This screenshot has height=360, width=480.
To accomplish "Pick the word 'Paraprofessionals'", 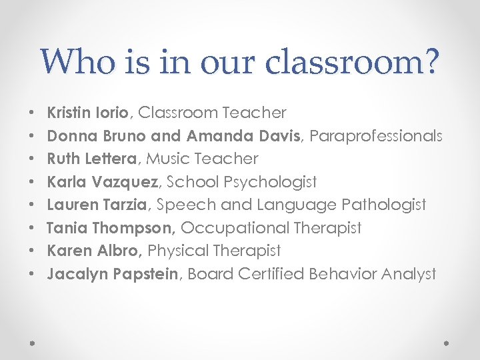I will coord(376,136).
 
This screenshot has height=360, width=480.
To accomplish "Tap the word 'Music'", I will coord(167,159).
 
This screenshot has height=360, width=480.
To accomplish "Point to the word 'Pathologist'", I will coord(383,205).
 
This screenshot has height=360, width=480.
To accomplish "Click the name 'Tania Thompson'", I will coord(111,228).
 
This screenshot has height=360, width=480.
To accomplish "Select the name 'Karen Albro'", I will coord(93,251).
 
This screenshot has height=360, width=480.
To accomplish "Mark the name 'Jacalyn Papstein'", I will coord(112,274).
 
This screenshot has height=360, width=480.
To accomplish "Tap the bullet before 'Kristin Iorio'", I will coord(32,113).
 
